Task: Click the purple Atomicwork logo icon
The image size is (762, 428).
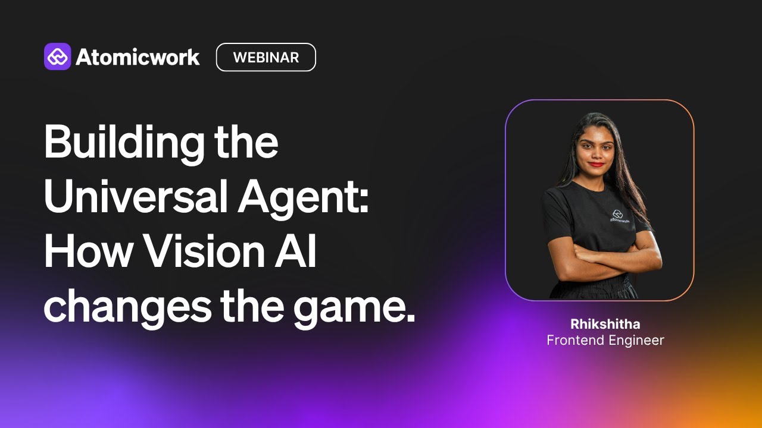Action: click(x=57, y=57)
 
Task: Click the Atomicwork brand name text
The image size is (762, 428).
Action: click(x=138, y=57)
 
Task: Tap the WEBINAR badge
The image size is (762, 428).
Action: click(x=266, y=57)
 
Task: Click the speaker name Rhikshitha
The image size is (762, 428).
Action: click(x=605, y=324)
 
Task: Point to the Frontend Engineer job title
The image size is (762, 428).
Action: click(x=605, y=340)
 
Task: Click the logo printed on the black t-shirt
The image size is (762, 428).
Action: click(x=617, y=215)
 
